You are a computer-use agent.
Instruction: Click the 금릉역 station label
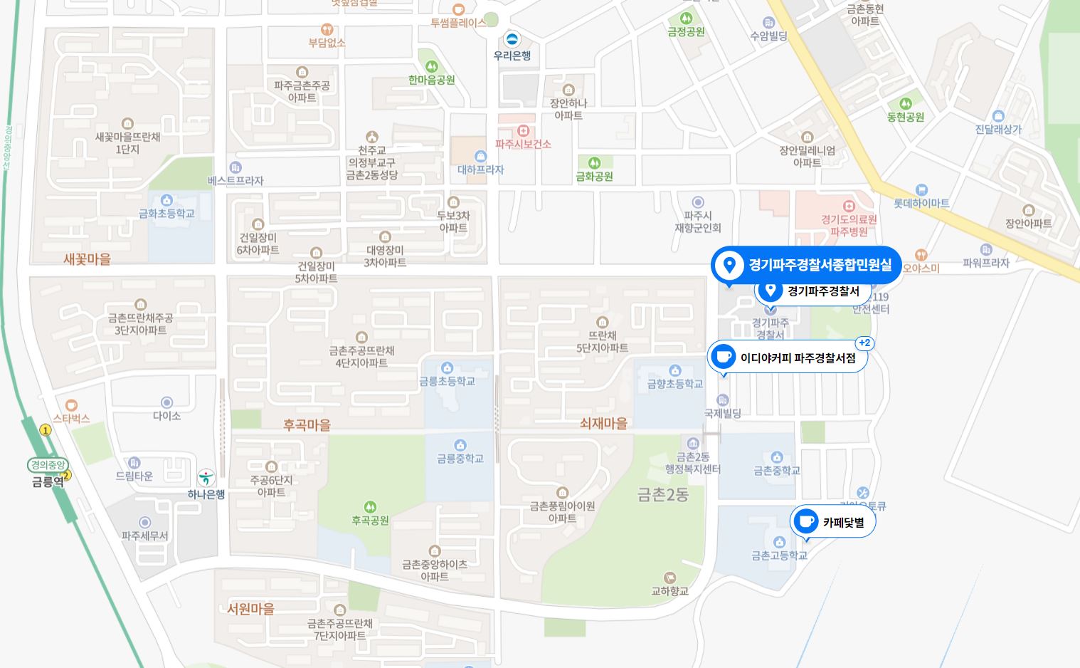[48, 481]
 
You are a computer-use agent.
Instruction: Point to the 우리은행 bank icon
[512, 39]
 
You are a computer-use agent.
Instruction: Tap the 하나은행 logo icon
[206, 477]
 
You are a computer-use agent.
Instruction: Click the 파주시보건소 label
[524, 144]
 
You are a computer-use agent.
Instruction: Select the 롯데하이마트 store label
[921, 203]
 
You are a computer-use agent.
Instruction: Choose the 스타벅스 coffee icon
[71, 405]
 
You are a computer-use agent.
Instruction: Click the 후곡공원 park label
[370, 521]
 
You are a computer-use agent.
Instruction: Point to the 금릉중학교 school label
[460, 459]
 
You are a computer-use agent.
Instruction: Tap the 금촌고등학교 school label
[779, 555]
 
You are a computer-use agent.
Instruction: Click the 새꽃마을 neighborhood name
[87, 259]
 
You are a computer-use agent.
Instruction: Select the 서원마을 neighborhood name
[250, 609]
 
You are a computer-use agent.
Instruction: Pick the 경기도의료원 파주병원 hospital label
[849, 226]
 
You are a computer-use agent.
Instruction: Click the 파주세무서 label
[144, 536]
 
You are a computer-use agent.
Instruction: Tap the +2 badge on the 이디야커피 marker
[864, 343]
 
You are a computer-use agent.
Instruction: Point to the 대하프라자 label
[480, 169]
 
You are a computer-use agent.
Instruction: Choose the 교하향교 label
[669, 591]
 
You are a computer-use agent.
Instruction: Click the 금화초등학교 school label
[166, 213]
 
